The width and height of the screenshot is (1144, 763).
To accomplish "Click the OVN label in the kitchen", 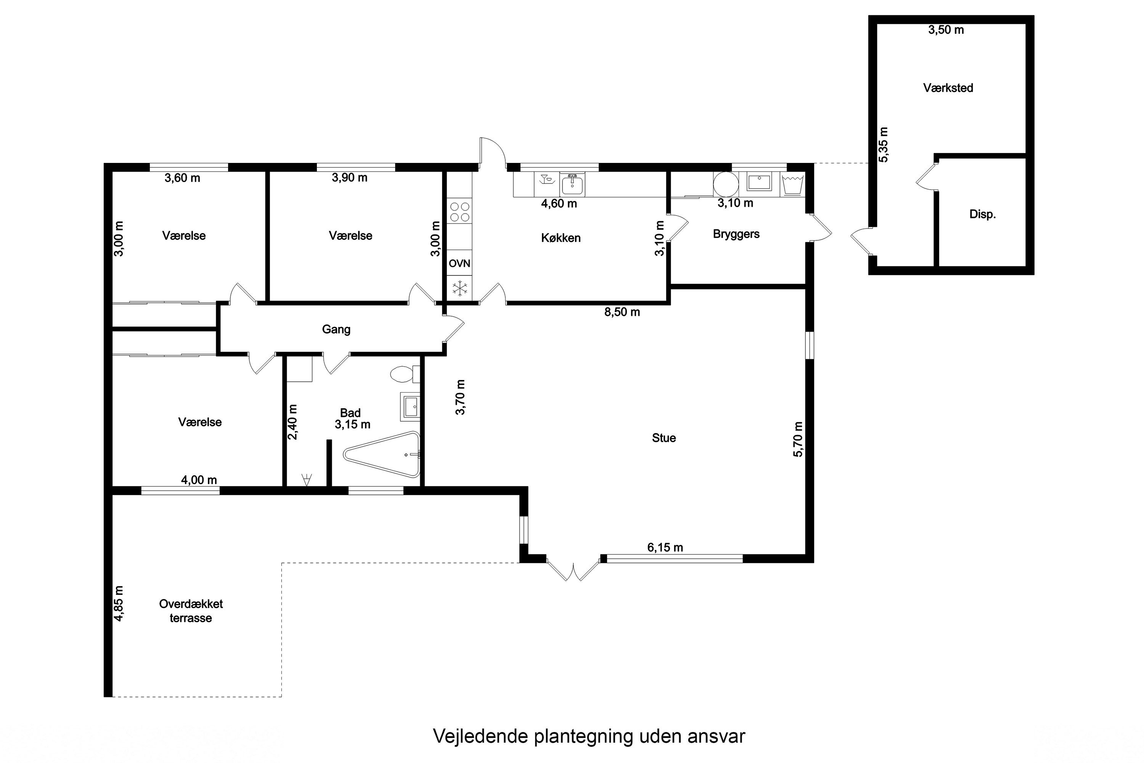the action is pyautogui.click(x=459, y=263).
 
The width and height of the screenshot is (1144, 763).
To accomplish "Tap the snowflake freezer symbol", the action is pyautogui.click(x=459, y=288).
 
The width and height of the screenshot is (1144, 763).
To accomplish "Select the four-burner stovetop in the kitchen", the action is pyautogui.click(x=460, y=212).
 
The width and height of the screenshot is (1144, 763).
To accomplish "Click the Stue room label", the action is pyautogui.click(x=664, y=438).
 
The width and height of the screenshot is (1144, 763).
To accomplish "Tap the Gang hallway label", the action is pyautogui.click(x=336, y=330).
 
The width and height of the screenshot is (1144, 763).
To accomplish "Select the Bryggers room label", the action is pyautogui.click(x=736, y=234).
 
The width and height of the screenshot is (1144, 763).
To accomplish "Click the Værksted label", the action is pyautogui.click(x=948, y=88).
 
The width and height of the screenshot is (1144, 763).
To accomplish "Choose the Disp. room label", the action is pyautogui.click(x=983, y=214).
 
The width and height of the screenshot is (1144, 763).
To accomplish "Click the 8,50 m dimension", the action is pyautogui.click(x=622, y=312).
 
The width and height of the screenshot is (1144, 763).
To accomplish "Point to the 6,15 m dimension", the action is pyautogui.click(x=665, y=547).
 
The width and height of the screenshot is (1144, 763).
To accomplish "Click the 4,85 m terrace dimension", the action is pyautogui.click(x=118, y=604).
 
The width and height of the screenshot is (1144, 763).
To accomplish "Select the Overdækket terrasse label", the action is pyautogui.click(x=191, y=611).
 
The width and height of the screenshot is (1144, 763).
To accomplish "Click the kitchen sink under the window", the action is pyautogui.click(x=572, y=184).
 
